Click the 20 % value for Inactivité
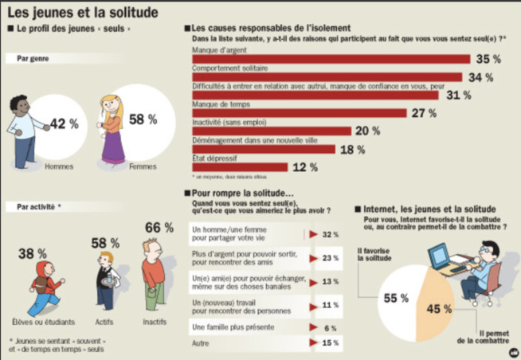click(x=368, y=131)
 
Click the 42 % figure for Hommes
click(x=64, y=123)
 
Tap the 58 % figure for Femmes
click(x=143, y=119)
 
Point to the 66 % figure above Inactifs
click(x=159, y=228)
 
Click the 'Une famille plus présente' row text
click(x=226, y=327)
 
